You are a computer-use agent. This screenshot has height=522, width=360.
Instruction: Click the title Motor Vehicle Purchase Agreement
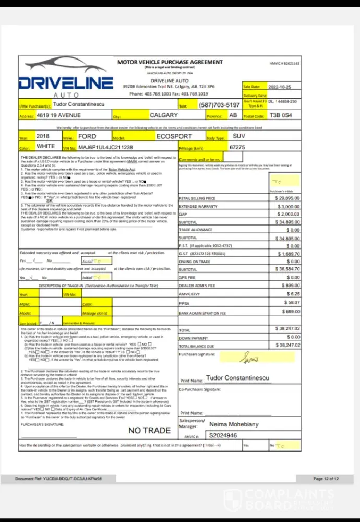[x=170, y=62]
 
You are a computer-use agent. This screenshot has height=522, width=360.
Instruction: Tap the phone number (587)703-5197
[x=220, y=105]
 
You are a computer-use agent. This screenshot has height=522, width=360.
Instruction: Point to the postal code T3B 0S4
[x=285, y=115]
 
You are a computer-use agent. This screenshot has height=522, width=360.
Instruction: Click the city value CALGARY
[x=164, y=115]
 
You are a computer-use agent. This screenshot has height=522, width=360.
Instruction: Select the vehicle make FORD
[x=87, y=136]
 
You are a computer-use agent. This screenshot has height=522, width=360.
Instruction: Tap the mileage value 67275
[x=238, y=148]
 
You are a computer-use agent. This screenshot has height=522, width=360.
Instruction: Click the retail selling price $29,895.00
[x=286, y=198]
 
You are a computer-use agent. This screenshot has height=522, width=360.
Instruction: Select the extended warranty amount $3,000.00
[x=289, y=207]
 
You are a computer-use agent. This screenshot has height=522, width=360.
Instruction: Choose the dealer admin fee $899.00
[x=290, y=286]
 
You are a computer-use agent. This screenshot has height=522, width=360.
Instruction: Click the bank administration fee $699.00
[x=290, y=312]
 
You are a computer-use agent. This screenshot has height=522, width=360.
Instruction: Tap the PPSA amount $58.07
[x=292, y=303]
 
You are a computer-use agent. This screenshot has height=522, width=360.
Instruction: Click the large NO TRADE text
[x=149, y=431]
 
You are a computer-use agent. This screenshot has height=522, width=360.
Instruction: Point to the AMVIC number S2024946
[x=223, y=435]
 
